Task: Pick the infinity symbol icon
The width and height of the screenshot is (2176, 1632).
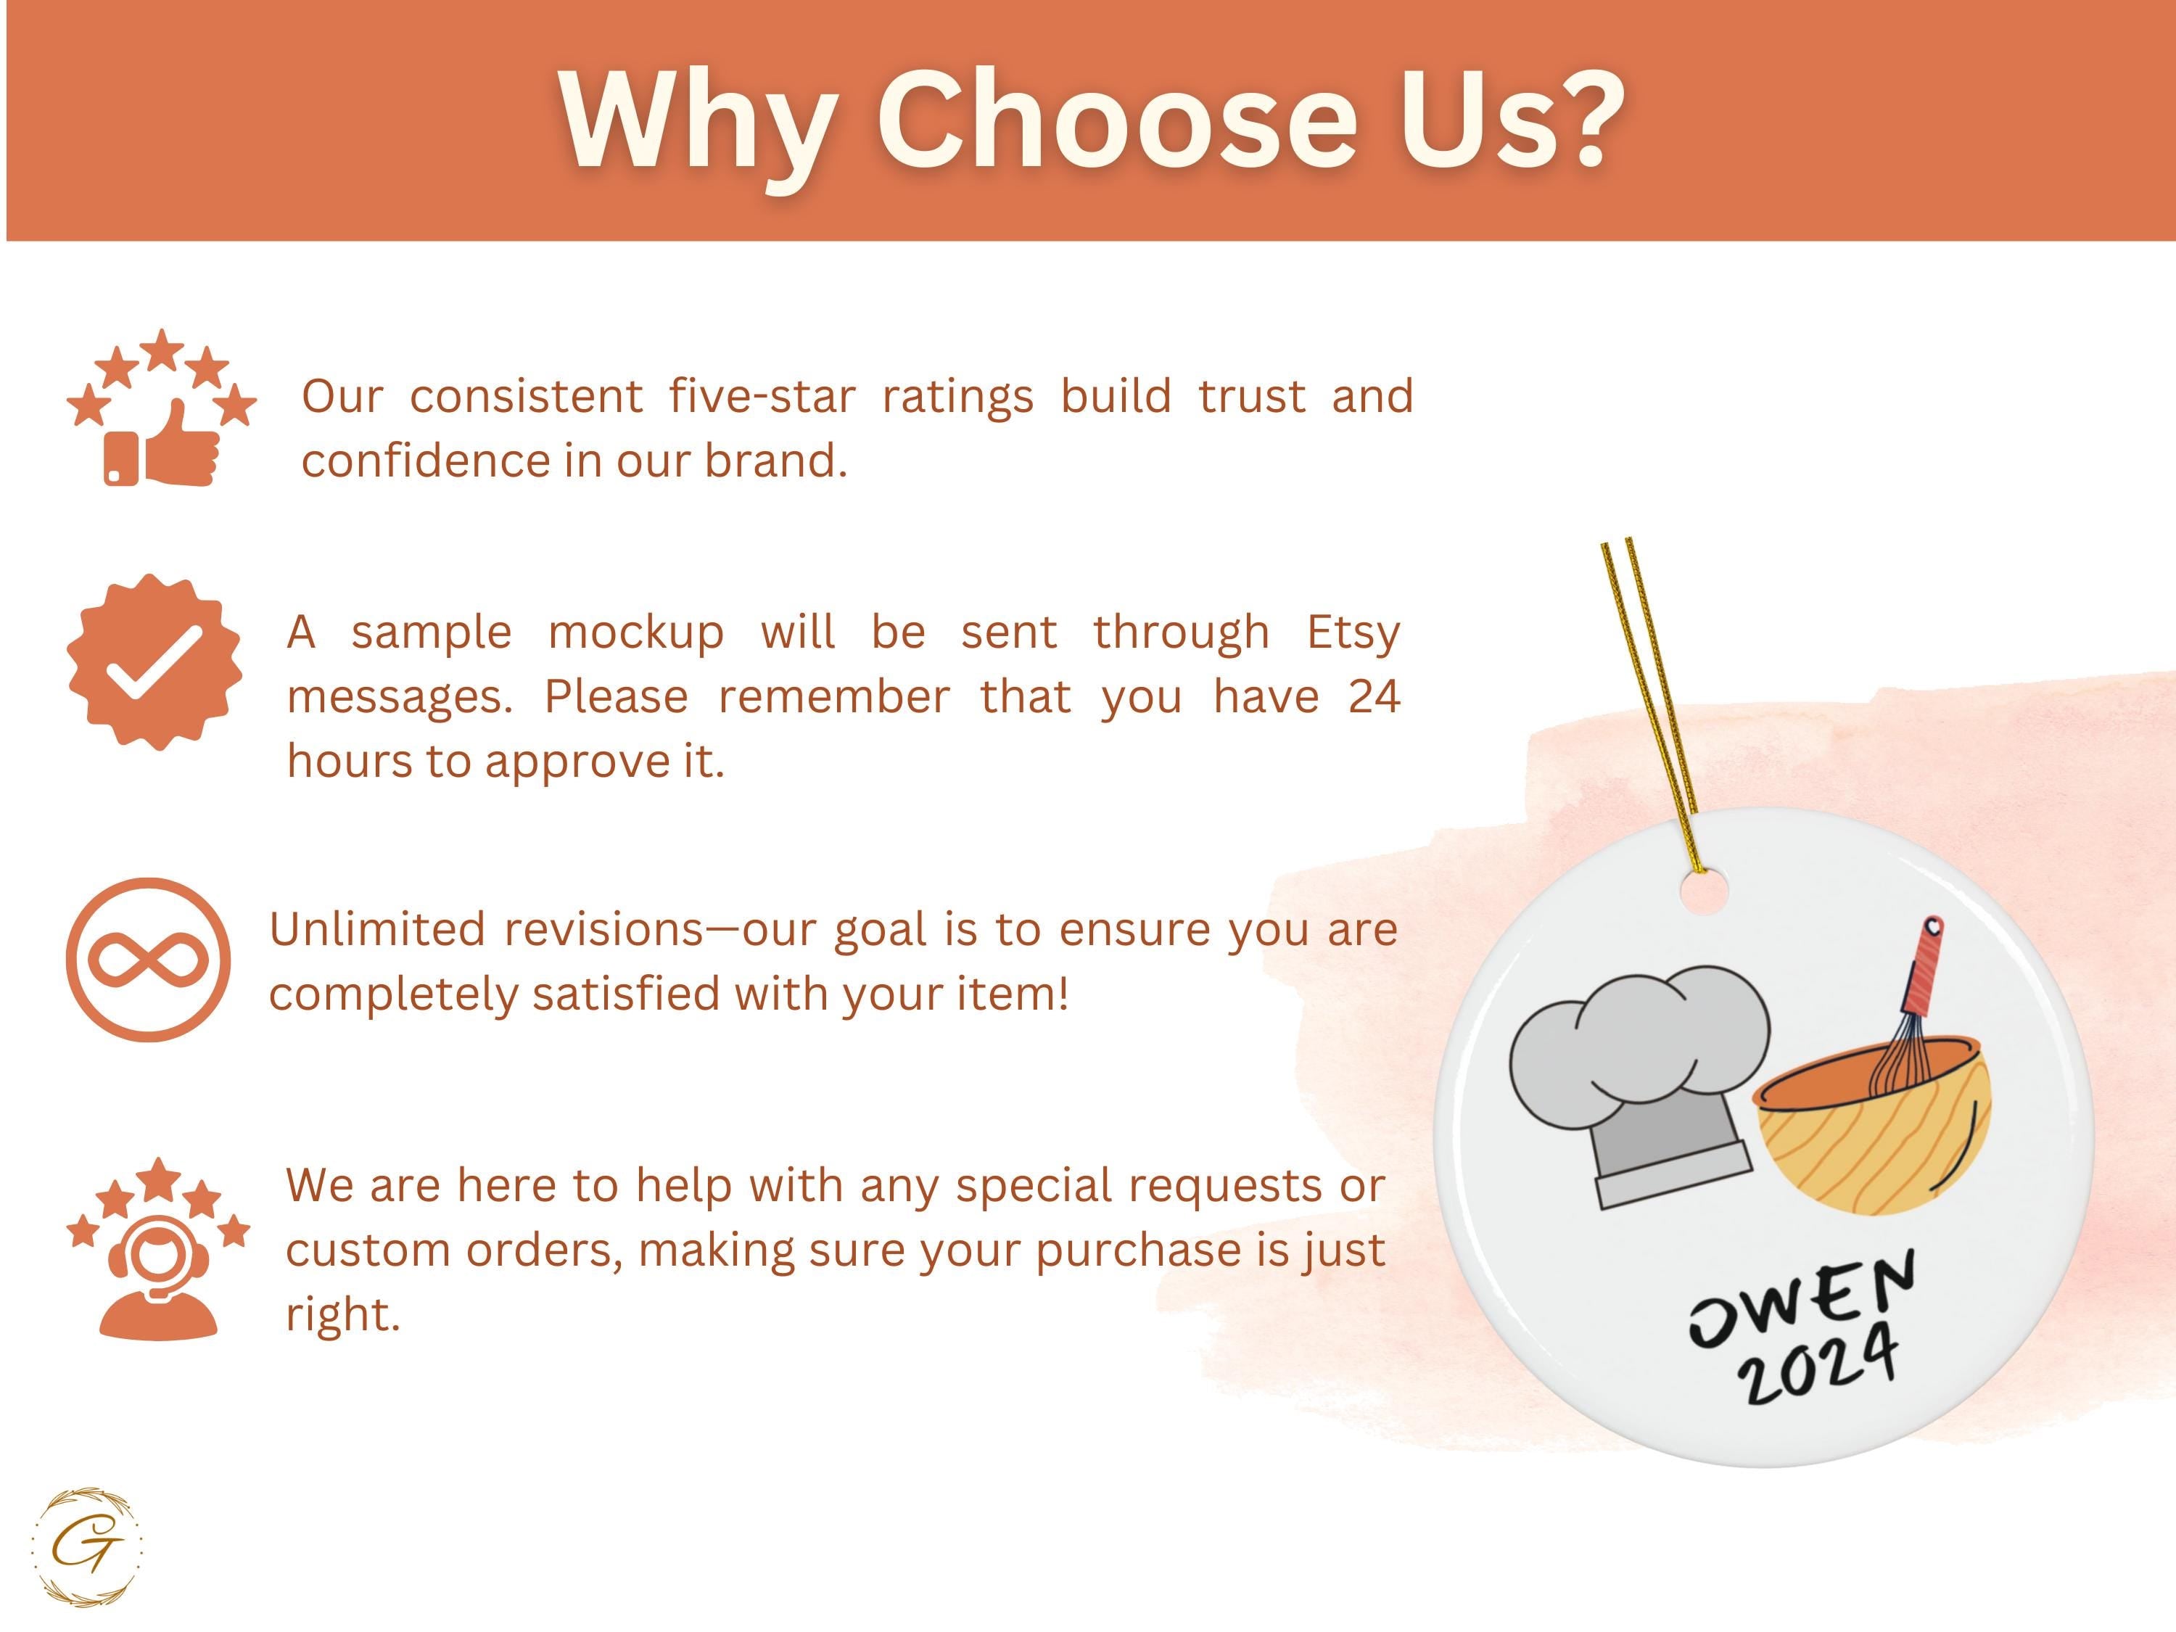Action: [149, 960]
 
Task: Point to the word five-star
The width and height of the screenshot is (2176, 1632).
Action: [762, 397]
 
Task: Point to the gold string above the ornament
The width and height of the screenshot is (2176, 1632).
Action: [1649, 704]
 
